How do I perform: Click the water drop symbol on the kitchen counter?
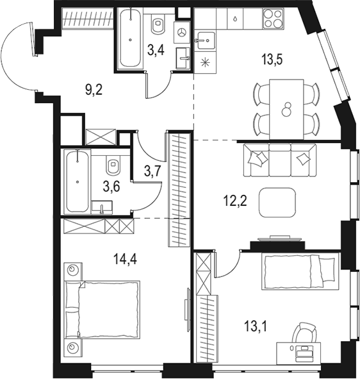coord(236,19)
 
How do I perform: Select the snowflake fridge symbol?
coord(206,62)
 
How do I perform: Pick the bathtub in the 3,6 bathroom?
coord(77,181)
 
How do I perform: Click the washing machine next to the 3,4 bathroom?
coord(183,31)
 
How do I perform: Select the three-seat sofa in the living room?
coord(281,160)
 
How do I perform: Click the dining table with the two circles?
coord(286,106)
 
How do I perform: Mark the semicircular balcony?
coord(18,58)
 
